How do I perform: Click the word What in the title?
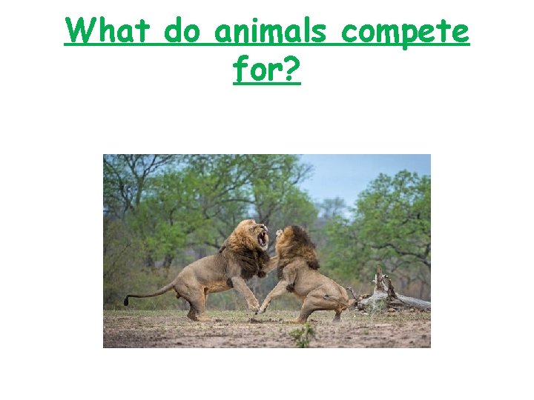109,32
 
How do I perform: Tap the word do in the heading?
183,32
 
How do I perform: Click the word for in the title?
257,70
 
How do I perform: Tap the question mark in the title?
292,70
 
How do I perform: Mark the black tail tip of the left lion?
127,301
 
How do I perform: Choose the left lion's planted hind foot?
197,317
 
